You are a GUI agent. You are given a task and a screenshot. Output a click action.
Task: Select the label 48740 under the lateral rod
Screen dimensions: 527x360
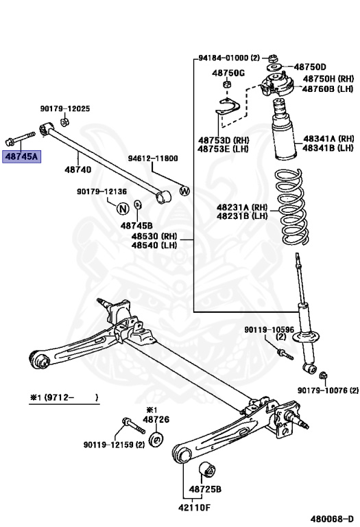[79, 167]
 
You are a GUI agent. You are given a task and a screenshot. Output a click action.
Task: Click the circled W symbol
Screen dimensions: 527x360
[184, 190]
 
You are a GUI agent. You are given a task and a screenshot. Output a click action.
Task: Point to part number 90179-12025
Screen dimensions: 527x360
[65, 109]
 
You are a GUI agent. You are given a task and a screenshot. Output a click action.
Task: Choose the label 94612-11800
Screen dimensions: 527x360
[152, 159]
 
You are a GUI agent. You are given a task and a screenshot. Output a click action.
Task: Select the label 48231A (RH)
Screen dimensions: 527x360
[242, 207]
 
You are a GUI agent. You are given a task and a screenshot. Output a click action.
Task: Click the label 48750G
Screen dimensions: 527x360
[228, 73]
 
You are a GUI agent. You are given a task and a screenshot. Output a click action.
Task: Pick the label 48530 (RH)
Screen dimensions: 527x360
[154, 236]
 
